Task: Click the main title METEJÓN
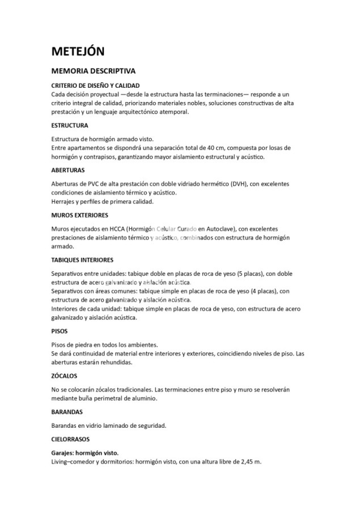coord(78,51)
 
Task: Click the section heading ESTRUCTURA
coord(69,125)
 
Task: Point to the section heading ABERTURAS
coord(68,169)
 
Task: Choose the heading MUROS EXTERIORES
coord(79,215)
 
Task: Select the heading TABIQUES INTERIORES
coord(82,260)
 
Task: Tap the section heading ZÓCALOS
coord(64,376)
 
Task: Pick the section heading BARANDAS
coord(67,412)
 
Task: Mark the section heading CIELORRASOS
coord(71,439)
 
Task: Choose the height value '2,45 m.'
coord(250,462)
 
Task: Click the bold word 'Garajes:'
coord(65,453)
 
